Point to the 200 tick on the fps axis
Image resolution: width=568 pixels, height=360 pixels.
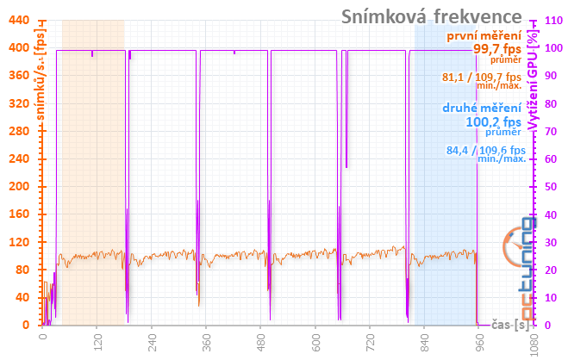click(x=19, y=186)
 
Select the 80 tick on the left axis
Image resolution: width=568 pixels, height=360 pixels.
click(x=22, y=270)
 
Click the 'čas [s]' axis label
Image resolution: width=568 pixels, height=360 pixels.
click(x=509, y=325)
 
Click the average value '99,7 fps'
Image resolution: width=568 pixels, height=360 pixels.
click(x=497, y=49)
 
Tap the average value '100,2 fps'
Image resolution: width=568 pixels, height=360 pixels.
click(x=492, y=121)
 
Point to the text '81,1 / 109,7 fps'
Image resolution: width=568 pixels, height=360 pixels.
click(x=481, y=78)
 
